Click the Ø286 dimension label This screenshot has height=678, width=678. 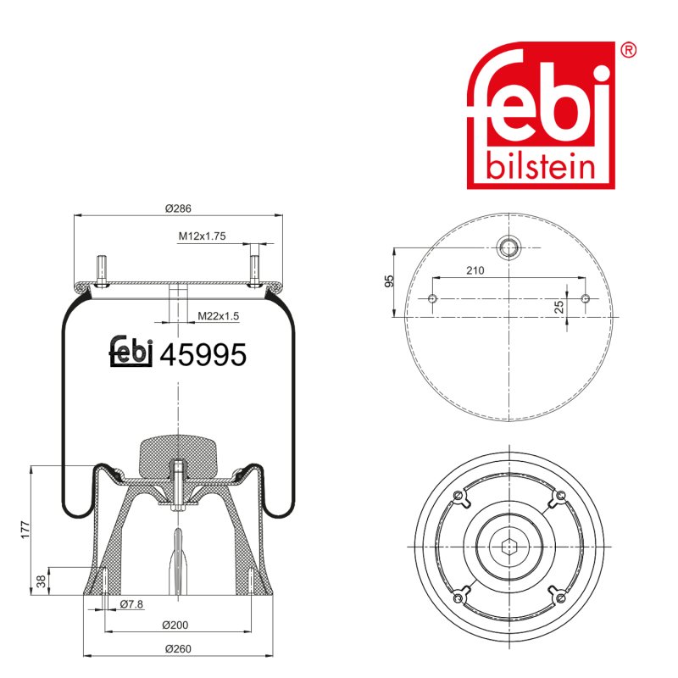coord(178,208)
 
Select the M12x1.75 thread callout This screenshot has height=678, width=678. coord(202,236)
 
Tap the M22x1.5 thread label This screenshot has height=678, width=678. coord(218,316)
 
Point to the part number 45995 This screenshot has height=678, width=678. coord(203,354)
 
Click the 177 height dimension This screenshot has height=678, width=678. coord(25,530)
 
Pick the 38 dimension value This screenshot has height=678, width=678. coord(41,581)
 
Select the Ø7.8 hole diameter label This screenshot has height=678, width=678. coord(131,604)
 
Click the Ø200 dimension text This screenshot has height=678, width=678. coord(175,625)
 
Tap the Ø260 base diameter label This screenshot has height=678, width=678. coord(178,648)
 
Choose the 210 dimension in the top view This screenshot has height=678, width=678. coord(475,270)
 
